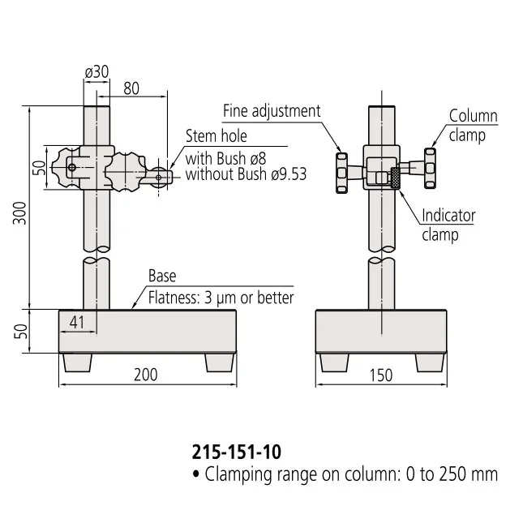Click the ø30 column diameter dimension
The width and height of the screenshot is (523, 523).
[x=96, y=72]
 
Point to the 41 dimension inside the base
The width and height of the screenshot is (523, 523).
[x=77, y=322]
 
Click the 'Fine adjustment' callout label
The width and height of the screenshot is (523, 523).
[x=272, y=111]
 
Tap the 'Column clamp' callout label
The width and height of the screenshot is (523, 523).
[x=473, y=126]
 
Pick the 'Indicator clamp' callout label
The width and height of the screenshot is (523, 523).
[x=448, y=225]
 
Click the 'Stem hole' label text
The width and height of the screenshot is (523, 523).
[x=216, y=135]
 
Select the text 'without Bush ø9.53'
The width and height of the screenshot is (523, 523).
[x=246, y=174]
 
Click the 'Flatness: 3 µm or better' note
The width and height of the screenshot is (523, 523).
[x=221, y=298]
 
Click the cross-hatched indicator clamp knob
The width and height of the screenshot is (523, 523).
[x=396, y=178]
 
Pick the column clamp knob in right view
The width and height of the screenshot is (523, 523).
[x=430, y=169]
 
